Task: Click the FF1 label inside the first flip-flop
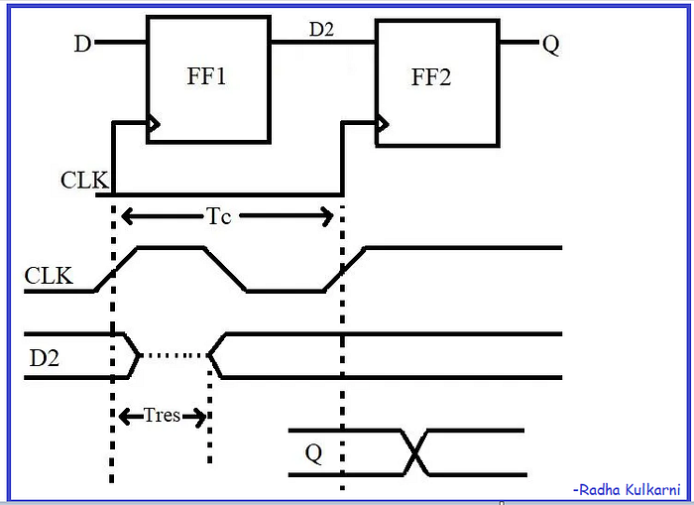point(206,77)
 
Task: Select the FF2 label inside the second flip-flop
point(431,77)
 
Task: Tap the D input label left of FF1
point(82,44)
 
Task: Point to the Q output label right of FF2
point(551,44)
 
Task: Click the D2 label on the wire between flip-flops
point(321,30)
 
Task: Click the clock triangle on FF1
point(154,125)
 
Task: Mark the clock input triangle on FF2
point(383,125)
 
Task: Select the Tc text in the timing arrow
point(219,215)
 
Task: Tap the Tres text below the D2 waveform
point(162,415)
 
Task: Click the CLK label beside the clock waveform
point(50,275)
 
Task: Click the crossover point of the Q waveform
point(415,453)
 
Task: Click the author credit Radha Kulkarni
point(625,489)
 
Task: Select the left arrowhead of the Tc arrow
point(127,215)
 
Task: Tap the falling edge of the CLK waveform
point(225,269)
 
